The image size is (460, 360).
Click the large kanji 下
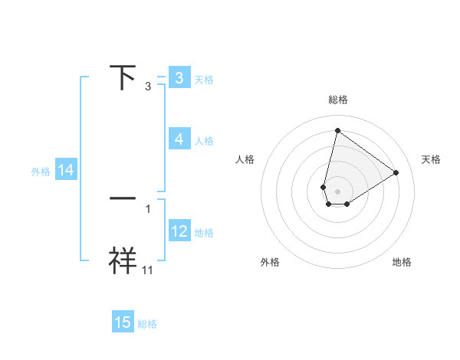(123, 77)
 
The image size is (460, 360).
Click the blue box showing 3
(179, 78)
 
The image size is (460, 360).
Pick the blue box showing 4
(179, 139)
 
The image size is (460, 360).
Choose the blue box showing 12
(179, 231)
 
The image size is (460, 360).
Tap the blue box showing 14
(66, 171)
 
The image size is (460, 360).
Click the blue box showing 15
(123, 322)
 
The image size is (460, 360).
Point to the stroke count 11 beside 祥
(148, 269)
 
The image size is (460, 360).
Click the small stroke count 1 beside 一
(148, 208)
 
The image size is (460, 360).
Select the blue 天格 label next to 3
(204, 80)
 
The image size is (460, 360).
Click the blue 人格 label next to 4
(204, 141)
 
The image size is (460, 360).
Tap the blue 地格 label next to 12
(204, 233)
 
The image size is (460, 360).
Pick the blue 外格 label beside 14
(41, 172)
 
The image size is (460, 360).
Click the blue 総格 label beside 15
(147, 324)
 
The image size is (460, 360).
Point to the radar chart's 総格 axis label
(337, 100)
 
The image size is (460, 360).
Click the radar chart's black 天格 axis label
(431, 159)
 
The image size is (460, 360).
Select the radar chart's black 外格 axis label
(270, 262)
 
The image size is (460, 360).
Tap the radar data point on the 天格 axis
(396, 172)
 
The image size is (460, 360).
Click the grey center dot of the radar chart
(337, 190)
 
